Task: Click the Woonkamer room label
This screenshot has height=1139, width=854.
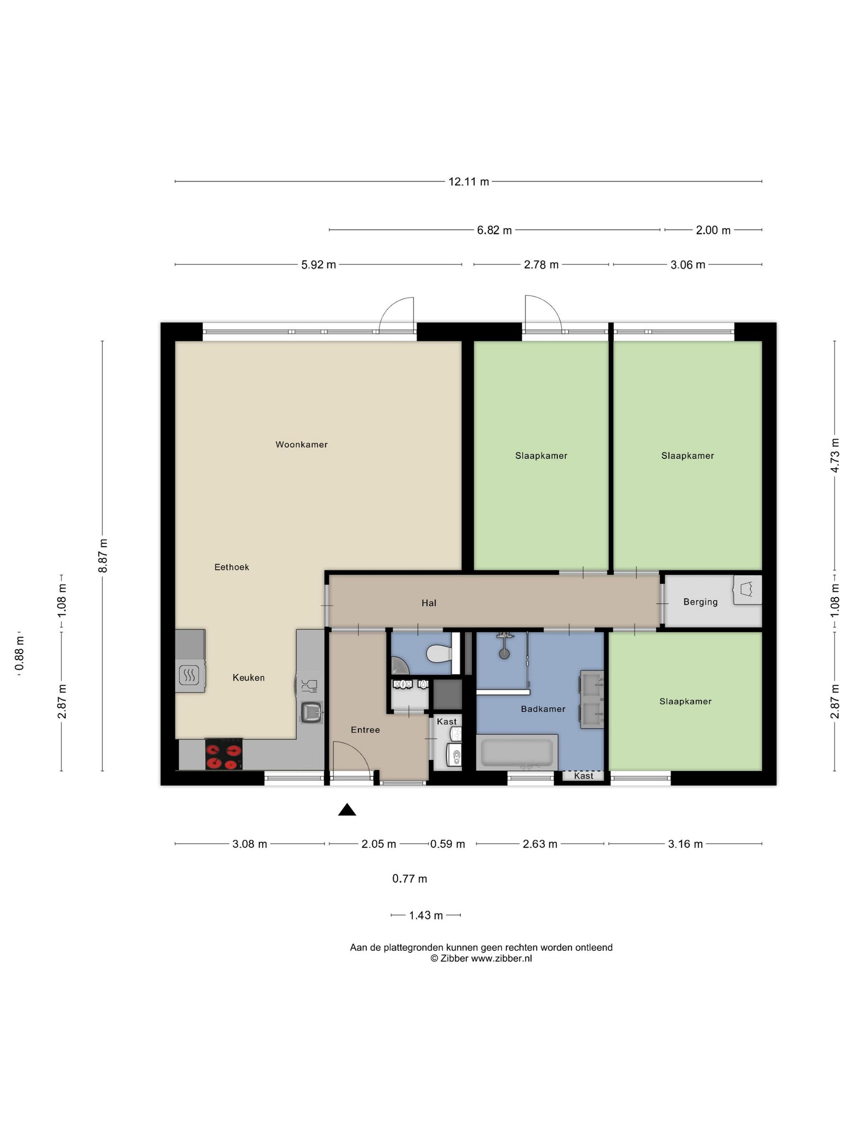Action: click(x=301, y=444)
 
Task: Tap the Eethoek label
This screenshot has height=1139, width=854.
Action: click(x=232, y=567)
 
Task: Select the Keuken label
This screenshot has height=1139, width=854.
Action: click(x=249, y=678)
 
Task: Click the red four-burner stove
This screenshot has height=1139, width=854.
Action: click(x=224, y=754)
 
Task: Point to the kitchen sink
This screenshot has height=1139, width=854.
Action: click(x=311, y=712)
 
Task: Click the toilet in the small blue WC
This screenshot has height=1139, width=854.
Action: click(x=439, y=654)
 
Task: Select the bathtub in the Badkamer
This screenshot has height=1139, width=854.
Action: click(x=517, y=752)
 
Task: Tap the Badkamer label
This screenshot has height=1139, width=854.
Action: click(x=543, y=709)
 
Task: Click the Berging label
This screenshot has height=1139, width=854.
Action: click(x=700, y=602)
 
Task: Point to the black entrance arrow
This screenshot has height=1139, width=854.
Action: click(x=347, y=809)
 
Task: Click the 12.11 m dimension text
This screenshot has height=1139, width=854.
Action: click(x=468, y=181)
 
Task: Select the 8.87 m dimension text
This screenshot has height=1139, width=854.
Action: click(x=103, y=556)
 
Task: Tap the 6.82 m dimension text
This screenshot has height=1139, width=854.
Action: click(x=494, y=230)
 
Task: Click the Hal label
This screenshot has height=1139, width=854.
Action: click(x=429, y=603)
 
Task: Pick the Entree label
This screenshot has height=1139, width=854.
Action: click(x=366, y=730)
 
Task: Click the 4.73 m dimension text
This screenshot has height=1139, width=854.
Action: click(x=835, y=455)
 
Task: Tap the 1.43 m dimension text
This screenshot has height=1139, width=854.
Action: click(x=426, y=916)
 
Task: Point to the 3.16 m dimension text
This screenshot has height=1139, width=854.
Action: click(x=685, y=844)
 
